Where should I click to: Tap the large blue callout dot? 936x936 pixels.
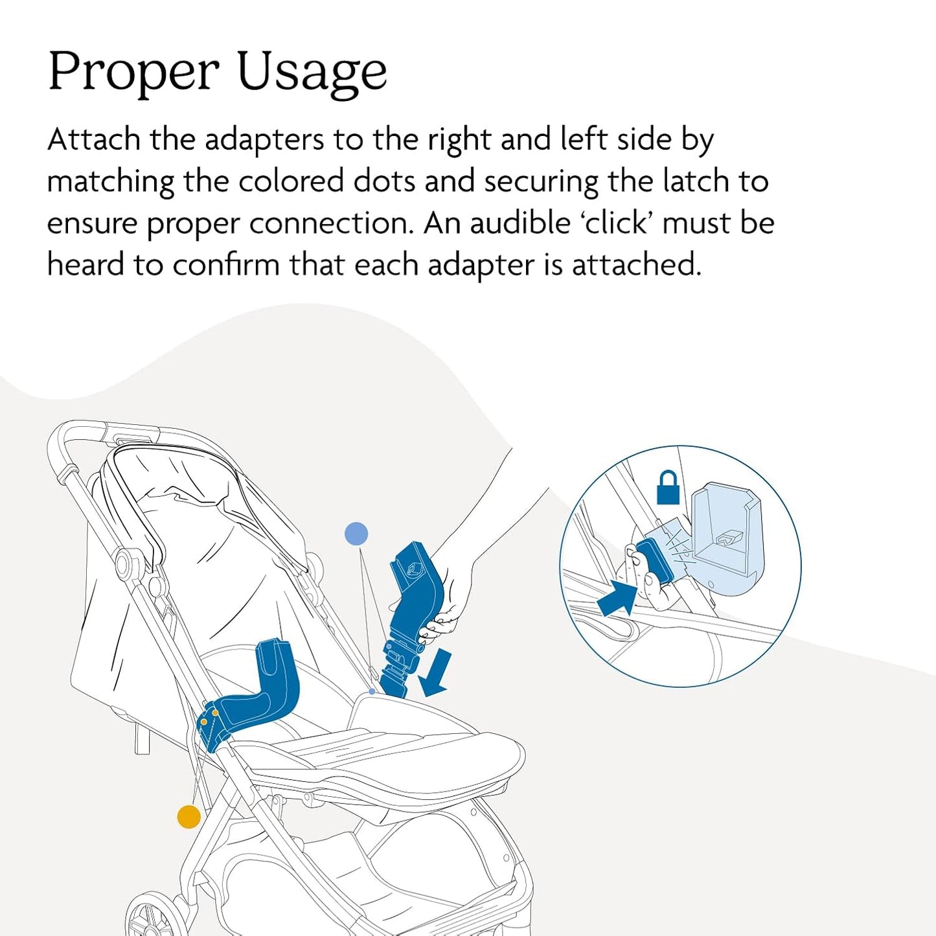tap(356, 534)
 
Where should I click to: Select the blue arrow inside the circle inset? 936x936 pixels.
tap(617, 599)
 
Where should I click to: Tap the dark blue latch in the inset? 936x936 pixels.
tap(656, 562)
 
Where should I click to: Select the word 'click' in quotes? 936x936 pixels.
tap(615, 223)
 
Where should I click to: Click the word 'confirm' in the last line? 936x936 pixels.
tap(226, 265)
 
